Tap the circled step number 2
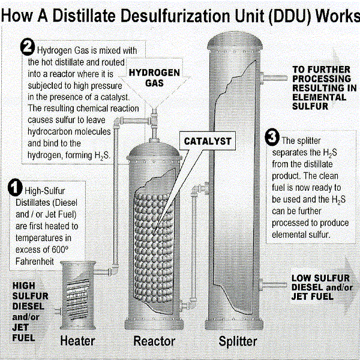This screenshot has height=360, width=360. pyautogui.click(x=28, y=47)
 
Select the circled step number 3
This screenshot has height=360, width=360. pyautogui.click(x=272, y=139)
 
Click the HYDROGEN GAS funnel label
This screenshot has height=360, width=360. pyautogui.click(x=155, y=77)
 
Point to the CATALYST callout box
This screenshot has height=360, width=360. pyautogui.click(x=206, y=142)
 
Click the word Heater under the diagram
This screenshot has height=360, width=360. pyautogui.click(x=78, y=341)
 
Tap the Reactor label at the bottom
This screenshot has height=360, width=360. pyautogui.click(x=154, y=341)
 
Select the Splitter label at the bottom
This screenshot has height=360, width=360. pyautogui.click(x=238, y=341)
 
